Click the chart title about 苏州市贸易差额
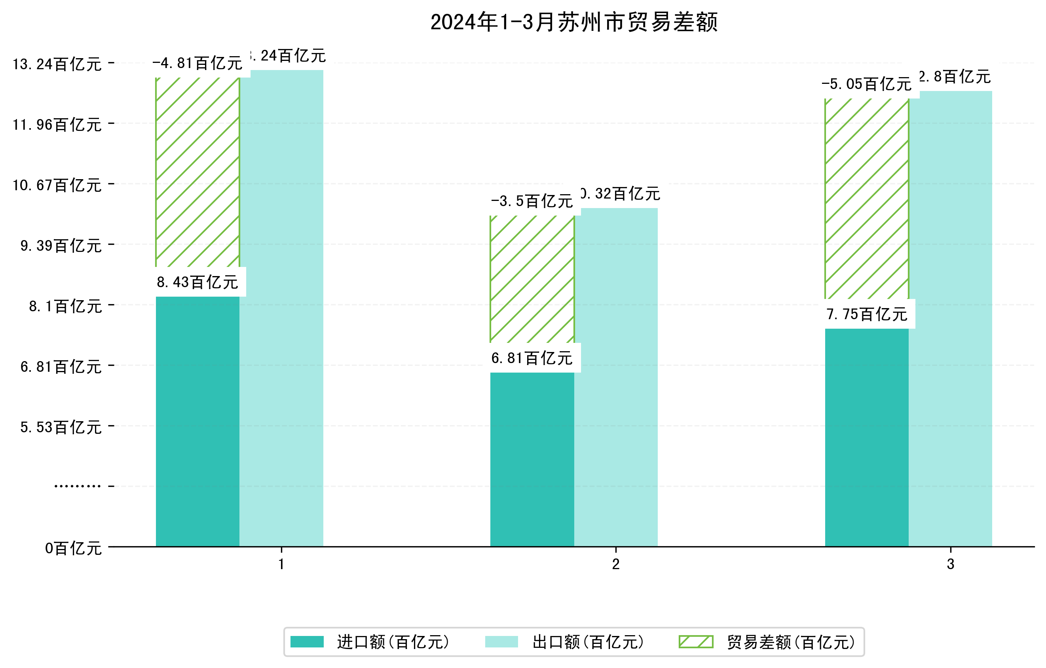click(x=574, y=22)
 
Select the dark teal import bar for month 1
click(x=197, y=421)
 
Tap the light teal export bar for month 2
click(x=616, y=378)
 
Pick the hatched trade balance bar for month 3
click(x=867, y=199)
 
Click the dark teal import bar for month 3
click(x=867, y=437)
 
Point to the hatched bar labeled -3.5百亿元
click(x=532, y=279)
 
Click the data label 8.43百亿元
click(x=197, y=282)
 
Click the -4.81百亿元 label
click(x=197, y=63)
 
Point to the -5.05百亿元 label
click(x=867, y=84)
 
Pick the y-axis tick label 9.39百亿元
click(x=61, y=246)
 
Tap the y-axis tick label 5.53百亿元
click(x=61, y=428)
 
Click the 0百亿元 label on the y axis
click(x=73, y=549)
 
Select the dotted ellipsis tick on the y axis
click(x=77, y=486)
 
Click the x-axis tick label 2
click(x=615, y=564)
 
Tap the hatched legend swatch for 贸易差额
click(x=696, y=642)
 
